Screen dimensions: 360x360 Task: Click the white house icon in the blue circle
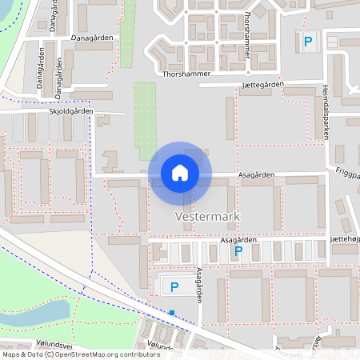pos(180,172)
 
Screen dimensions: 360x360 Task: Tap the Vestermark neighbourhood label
pos(208,217)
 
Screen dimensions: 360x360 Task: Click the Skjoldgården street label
pos(71,112)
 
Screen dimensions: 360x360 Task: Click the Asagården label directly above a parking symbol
pos(238,239)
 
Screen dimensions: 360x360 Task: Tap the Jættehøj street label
pos(344,239)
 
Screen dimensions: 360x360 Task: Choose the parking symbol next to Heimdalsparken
pos(306,40)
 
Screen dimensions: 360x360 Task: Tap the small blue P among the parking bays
pos(238,251)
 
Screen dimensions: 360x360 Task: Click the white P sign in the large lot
pos(172,286)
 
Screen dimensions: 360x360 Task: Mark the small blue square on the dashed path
pos(172,313)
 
